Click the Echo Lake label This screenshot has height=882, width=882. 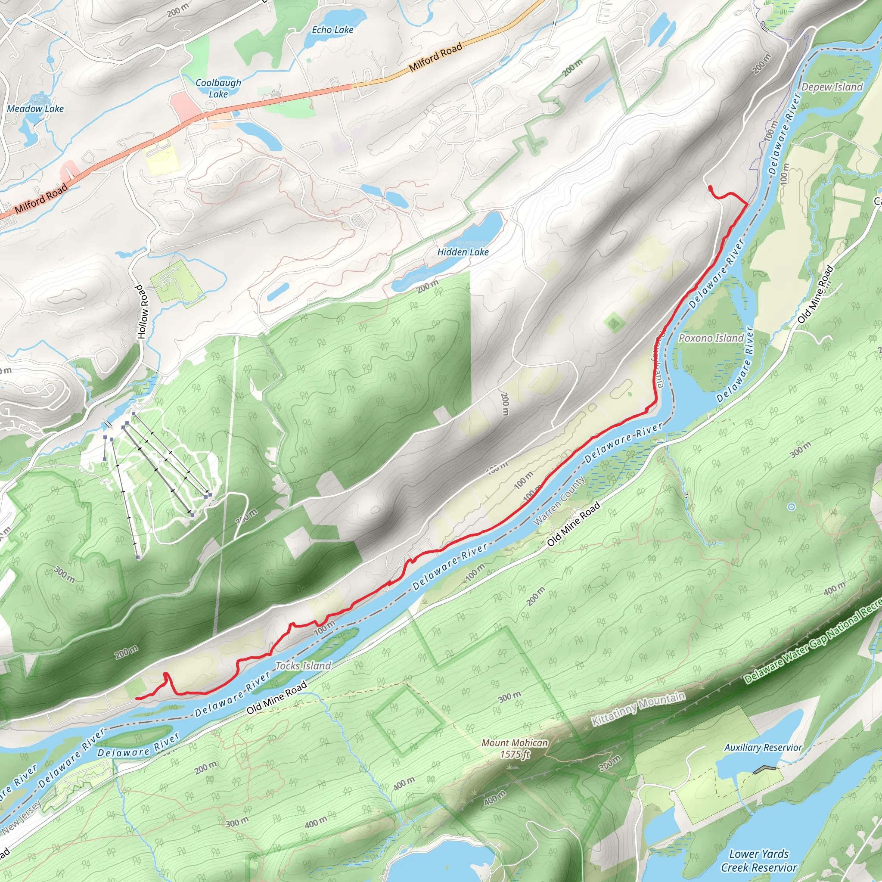click(x=332, y=30)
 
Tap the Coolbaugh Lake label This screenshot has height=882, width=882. click(x=218, y=88)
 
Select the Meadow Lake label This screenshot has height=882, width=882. click(x=35, y=109)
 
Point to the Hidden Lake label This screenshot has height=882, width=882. click(x=463, y=252)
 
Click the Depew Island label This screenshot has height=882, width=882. click(x=832, y=87)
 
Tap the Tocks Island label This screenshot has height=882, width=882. click(x=303, y=666)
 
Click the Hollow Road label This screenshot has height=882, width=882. click(x=143, y=312)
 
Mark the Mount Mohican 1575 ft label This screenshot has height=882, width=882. click(x=515, y=748)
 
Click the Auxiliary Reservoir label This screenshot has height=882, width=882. click(x=763, y=747)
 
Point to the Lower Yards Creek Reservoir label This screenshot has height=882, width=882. click(x=759, y=860)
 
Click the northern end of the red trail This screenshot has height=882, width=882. click(x=710, y=187)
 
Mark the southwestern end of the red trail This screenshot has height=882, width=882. click(x=137, y=699)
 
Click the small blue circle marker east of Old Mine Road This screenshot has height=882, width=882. click(x=792, y=507)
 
